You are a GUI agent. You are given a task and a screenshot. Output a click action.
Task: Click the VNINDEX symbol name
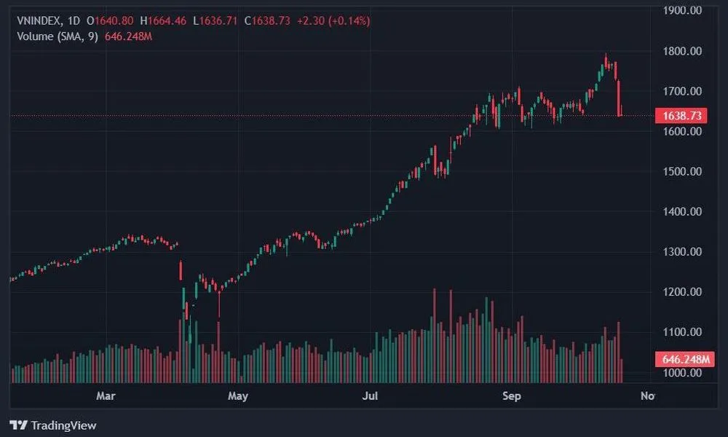click(37, 21)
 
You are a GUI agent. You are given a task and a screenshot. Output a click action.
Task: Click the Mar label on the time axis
click(106, 396)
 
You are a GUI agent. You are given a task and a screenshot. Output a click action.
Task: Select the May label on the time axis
click(238, 396)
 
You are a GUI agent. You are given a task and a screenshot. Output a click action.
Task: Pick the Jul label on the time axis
click(371, 396)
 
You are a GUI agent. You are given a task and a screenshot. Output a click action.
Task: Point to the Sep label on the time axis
click(512, 396)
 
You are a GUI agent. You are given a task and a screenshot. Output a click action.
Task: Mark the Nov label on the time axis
click(647, 396)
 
